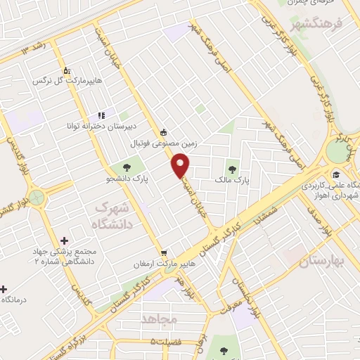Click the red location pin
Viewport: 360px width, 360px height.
coord(181,165)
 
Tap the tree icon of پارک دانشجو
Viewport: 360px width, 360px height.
coord(127,167)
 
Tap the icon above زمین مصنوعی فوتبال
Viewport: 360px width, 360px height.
coord(164,131)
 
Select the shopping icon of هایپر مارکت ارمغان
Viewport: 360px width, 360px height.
coord(164,253)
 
